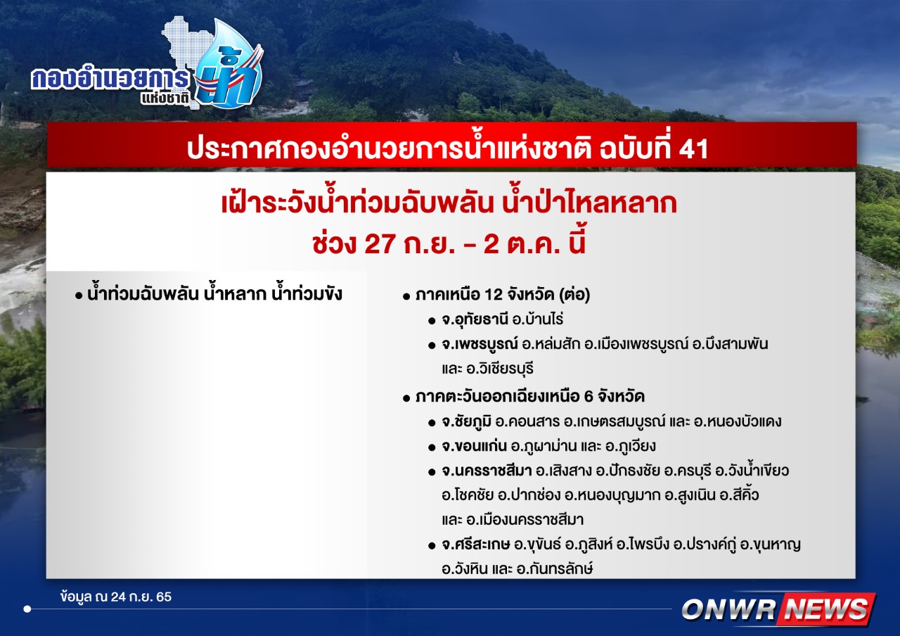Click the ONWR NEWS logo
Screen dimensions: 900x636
(778, 609)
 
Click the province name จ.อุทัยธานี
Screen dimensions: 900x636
(475, 320)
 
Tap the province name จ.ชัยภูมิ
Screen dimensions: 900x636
(466, 421)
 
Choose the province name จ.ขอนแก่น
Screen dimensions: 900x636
(474, 446)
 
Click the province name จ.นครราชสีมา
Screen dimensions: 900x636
(487, 471)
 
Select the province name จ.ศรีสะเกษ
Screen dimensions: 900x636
(476, 545)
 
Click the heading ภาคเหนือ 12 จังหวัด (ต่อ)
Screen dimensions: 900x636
(503, 295)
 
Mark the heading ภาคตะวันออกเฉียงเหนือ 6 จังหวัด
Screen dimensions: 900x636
(530, 397)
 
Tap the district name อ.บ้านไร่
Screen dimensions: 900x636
(538, 320)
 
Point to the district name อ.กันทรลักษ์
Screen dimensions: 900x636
(555, 569)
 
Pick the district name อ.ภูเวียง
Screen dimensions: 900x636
(631, 446)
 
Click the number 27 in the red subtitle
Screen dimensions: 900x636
(380, 244)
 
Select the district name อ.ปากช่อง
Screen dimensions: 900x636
(529, 495)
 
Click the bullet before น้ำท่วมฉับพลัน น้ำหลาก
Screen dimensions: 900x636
(79, 296)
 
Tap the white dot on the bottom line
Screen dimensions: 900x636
(27, 609)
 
